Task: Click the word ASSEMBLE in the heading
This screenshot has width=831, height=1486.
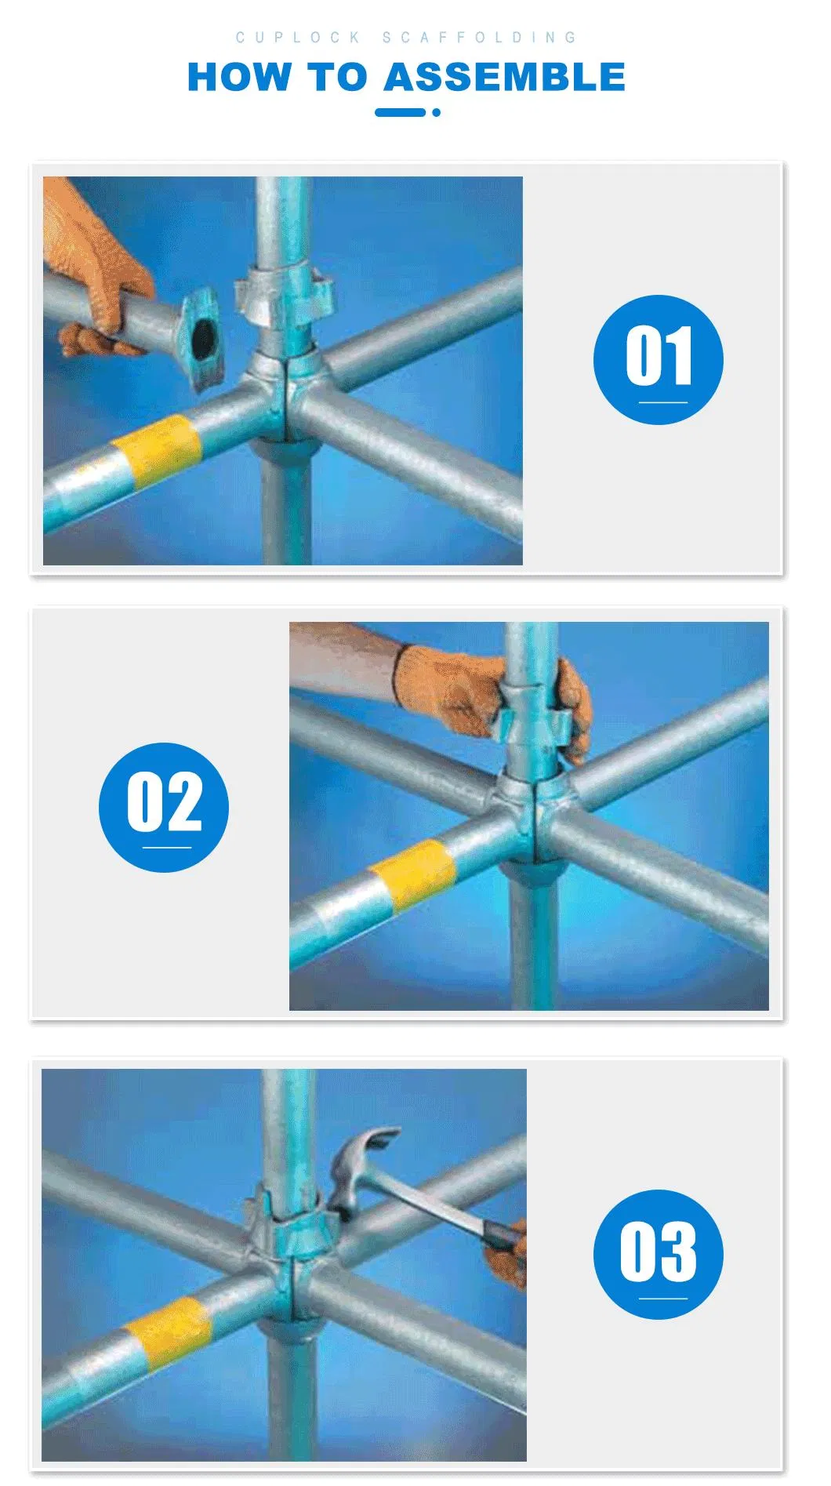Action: point(504,78)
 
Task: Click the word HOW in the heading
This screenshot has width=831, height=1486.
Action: point(238,78)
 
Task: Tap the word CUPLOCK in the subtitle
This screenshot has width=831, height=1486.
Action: point(298,37)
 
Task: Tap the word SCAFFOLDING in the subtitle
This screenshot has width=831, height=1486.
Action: point(479,37)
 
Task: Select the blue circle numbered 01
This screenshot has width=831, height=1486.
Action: point(658,360)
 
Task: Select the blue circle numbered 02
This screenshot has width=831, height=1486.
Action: point(164,807)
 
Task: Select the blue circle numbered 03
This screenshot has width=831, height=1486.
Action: point(658,1255)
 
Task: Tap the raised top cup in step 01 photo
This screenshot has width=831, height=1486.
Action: point(284,294)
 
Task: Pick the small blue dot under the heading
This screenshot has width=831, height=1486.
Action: point(436,113)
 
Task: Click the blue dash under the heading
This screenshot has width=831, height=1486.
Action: point(400,113)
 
